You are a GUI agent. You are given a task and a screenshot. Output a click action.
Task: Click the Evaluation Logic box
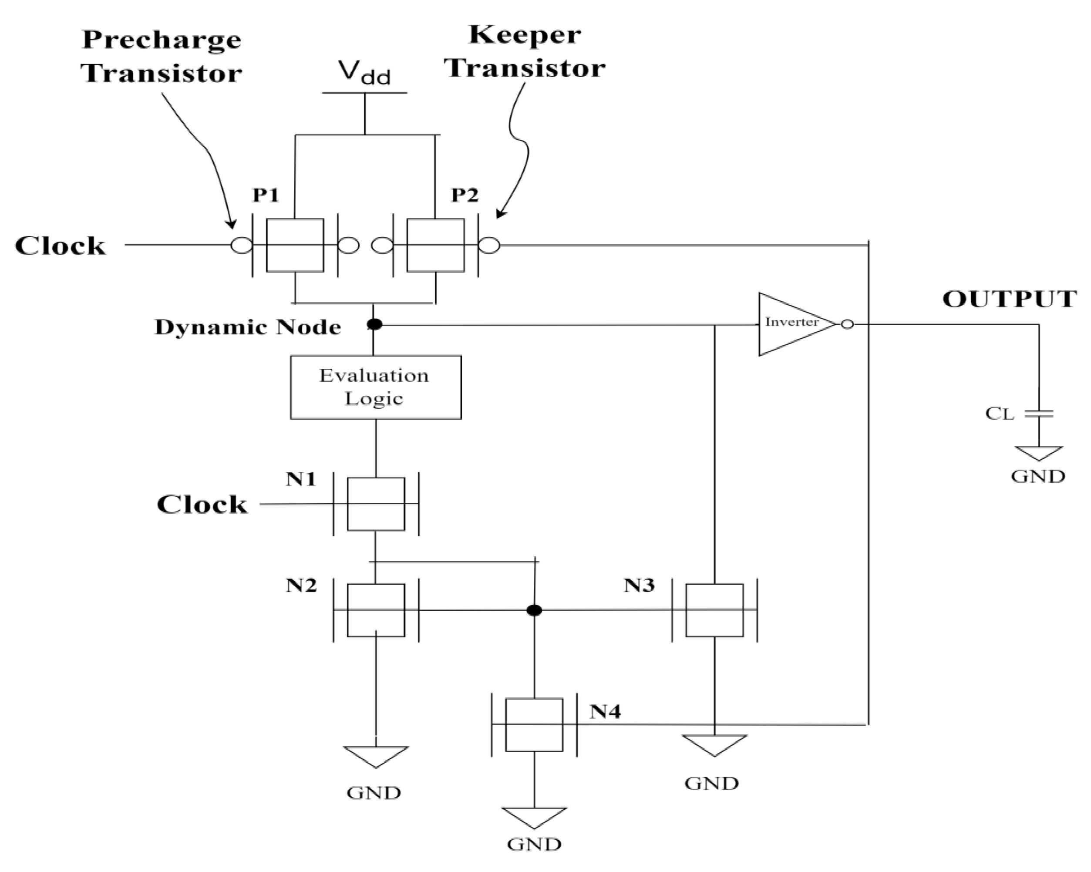(375, 387)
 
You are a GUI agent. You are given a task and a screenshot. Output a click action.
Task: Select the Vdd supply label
(365, 72)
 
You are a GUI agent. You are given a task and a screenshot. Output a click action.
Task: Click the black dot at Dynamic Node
(374, 324)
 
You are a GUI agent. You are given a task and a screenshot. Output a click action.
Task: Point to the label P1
(266, 195)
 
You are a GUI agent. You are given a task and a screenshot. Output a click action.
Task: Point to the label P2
(465, 195)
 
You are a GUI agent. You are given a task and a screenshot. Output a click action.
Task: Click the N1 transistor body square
(375, 504)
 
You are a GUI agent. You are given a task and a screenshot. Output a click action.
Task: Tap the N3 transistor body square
(714, 610)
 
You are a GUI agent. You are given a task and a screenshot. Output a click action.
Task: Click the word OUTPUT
(1010, 299)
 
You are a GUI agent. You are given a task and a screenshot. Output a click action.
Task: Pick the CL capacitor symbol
(1038, 414)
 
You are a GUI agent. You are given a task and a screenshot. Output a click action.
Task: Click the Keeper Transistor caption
(525, 52)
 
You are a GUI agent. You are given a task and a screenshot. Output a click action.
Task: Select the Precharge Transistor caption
(162, 56)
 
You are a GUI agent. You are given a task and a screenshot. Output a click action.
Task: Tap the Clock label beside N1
(202, 505)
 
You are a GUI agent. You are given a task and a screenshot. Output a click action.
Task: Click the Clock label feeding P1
(60, 246)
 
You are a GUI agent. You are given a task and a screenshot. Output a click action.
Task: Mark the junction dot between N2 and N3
(534, 610)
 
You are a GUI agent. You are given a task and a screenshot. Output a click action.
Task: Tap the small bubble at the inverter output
(847, 324)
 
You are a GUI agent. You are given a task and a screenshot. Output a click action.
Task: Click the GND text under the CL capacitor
(1038, 476)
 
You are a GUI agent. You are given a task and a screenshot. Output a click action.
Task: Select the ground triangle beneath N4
(534, 816)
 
